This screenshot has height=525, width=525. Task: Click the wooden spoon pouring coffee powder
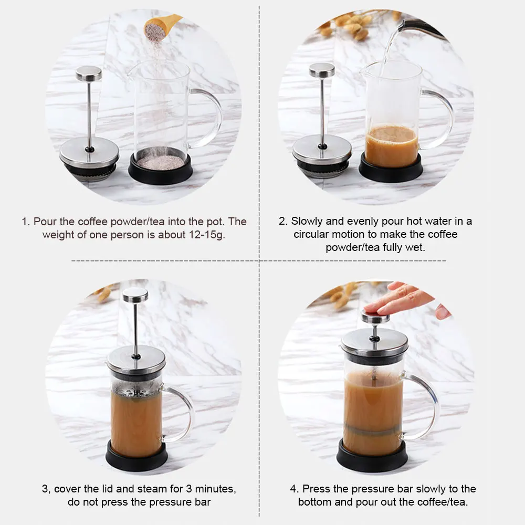click(x=161, y=27)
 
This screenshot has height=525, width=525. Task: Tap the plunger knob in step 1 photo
click(x=89, y=73)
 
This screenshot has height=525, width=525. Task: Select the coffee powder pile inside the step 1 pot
click(x=160, y=162)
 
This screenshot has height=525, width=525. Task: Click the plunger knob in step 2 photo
click(x=322, y=70)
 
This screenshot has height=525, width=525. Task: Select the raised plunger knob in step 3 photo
click(x=135, y=295)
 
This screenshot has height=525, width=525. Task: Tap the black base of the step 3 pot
click(x=136, y=457)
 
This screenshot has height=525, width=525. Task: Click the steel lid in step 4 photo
click(x=375, y=342)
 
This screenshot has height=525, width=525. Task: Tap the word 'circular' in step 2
click(x=312, y=234)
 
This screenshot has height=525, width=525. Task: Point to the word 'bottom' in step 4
click(x=314, y=502)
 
